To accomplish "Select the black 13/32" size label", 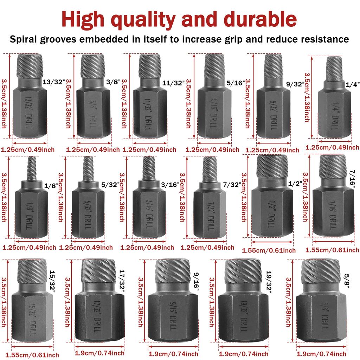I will [54, 82].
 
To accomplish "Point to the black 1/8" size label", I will [51, 186].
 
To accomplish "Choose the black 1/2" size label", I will [295, 184].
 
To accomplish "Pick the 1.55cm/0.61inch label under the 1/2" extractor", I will [269, 251].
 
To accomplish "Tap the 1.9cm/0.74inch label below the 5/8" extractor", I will [322, 353].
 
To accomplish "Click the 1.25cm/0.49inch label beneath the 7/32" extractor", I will [207, 247].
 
